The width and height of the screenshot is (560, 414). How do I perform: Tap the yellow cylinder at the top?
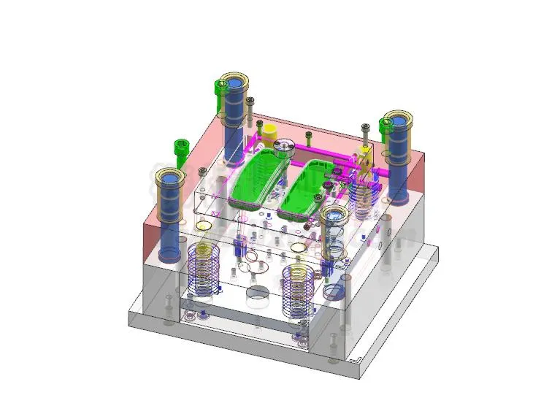click(x=269, y=132)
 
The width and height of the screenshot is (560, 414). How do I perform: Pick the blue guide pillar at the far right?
click(x=398, y=157)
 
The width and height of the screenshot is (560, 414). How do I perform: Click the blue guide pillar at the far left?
click(x=168, y=212)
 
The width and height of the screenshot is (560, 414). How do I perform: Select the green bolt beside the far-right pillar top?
click(x=385, y=129)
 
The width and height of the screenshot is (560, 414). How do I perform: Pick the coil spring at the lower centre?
click(x=299, y=288)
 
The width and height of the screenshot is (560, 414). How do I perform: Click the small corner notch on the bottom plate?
click(x=356, y=361)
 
